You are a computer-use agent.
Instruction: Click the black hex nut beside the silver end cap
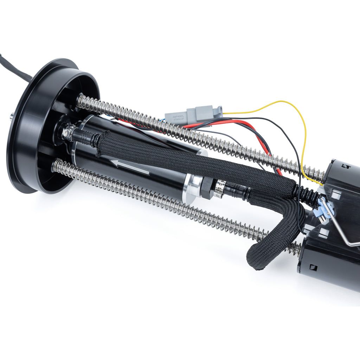pos(207,188)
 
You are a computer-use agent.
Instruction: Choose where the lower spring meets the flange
pos(56,165)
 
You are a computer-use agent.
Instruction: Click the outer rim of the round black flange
pos(21,148)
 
